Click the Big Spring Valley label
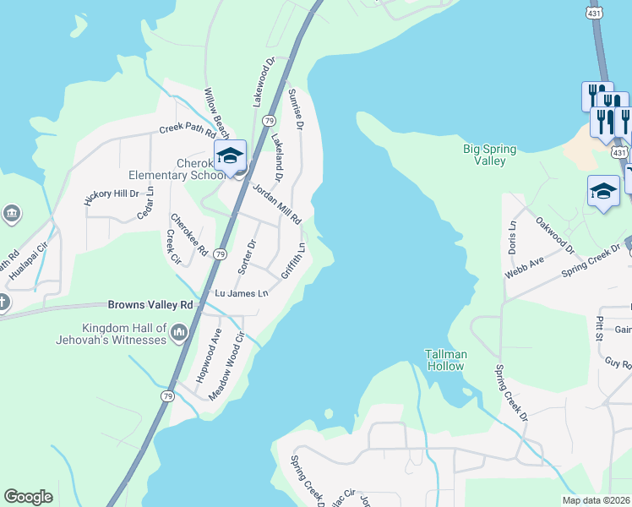pos(489,155)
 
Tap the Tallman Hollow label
pos(444,359)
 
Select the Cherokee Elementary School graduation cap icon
pos(229,156)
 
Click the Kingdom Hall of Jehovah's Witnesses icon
pos(178,335)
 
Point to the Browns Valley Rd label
pos(150,304)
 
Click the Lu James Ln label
pos(242,293)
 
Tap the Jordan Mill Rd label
pos(275,203)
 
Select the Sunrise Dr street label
pos(295,109)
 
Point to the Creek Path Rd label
pos(188,130)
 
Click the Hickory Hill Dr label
pos(111,197)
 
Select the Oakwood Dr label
pos(554,236)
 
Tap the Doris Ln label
pos(510,230)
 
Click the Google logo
pos(28,497)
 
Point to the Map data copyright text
pos(596,500)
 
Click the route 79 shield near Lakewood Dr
pos(268,121)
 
